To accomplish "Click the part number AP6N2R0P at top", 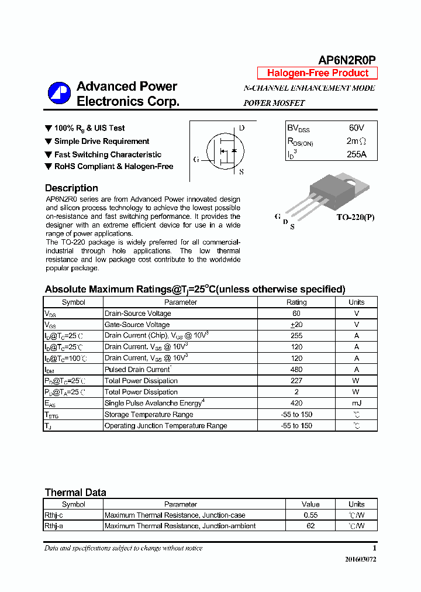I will (347, 60).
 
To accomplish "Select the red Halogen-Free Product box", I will (318, 73).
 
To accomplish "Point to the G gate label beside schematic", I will (196, 159).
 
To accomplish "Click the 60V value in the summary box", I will (356, 128).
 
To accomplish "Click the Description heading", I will (71, 188).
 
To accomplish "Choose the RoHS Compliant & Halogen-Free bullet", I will (113, 166).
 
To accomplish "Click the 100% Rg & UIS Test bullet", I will (89, 128).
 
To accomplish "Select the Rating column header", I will (296, 302).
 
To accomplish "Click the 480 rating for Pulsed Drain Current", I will (296, 370).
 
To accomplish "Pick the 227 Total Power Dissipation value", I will (296, 381).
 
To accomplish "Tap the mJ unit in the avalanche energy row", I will (356, 403).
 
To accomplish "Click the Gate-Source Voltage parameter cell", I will (137, 325).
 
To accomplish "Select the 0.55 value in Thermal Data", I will (310, 515).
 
